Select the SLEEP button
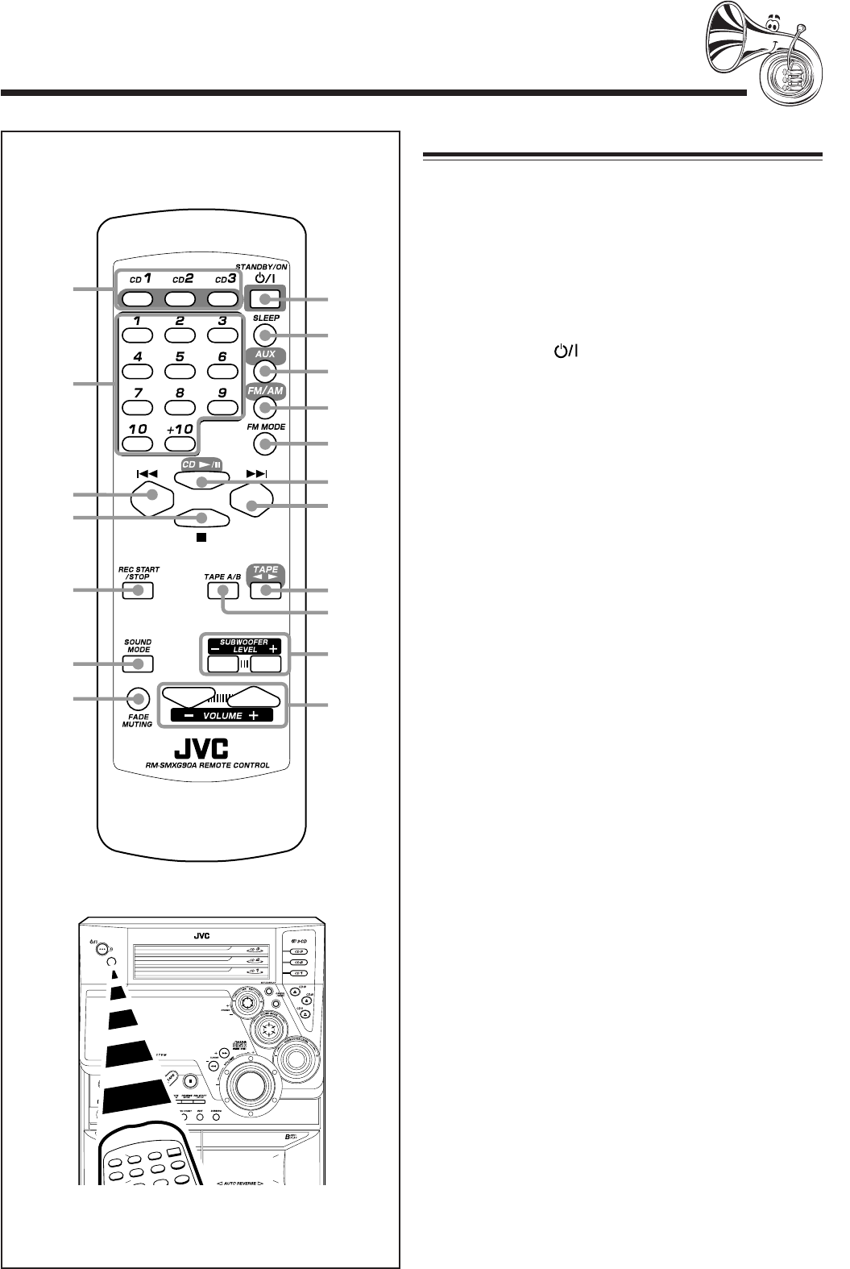point(267,335)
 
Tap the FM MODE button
point(267,443)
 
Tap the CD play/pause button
point(201,481)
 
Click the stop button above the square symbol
point(201,518)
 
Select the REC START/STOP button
point(139,591)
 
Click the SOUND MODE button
point(139,664)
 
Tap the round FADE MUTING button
point(139,698)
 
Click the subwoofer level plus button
point(265,664)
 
